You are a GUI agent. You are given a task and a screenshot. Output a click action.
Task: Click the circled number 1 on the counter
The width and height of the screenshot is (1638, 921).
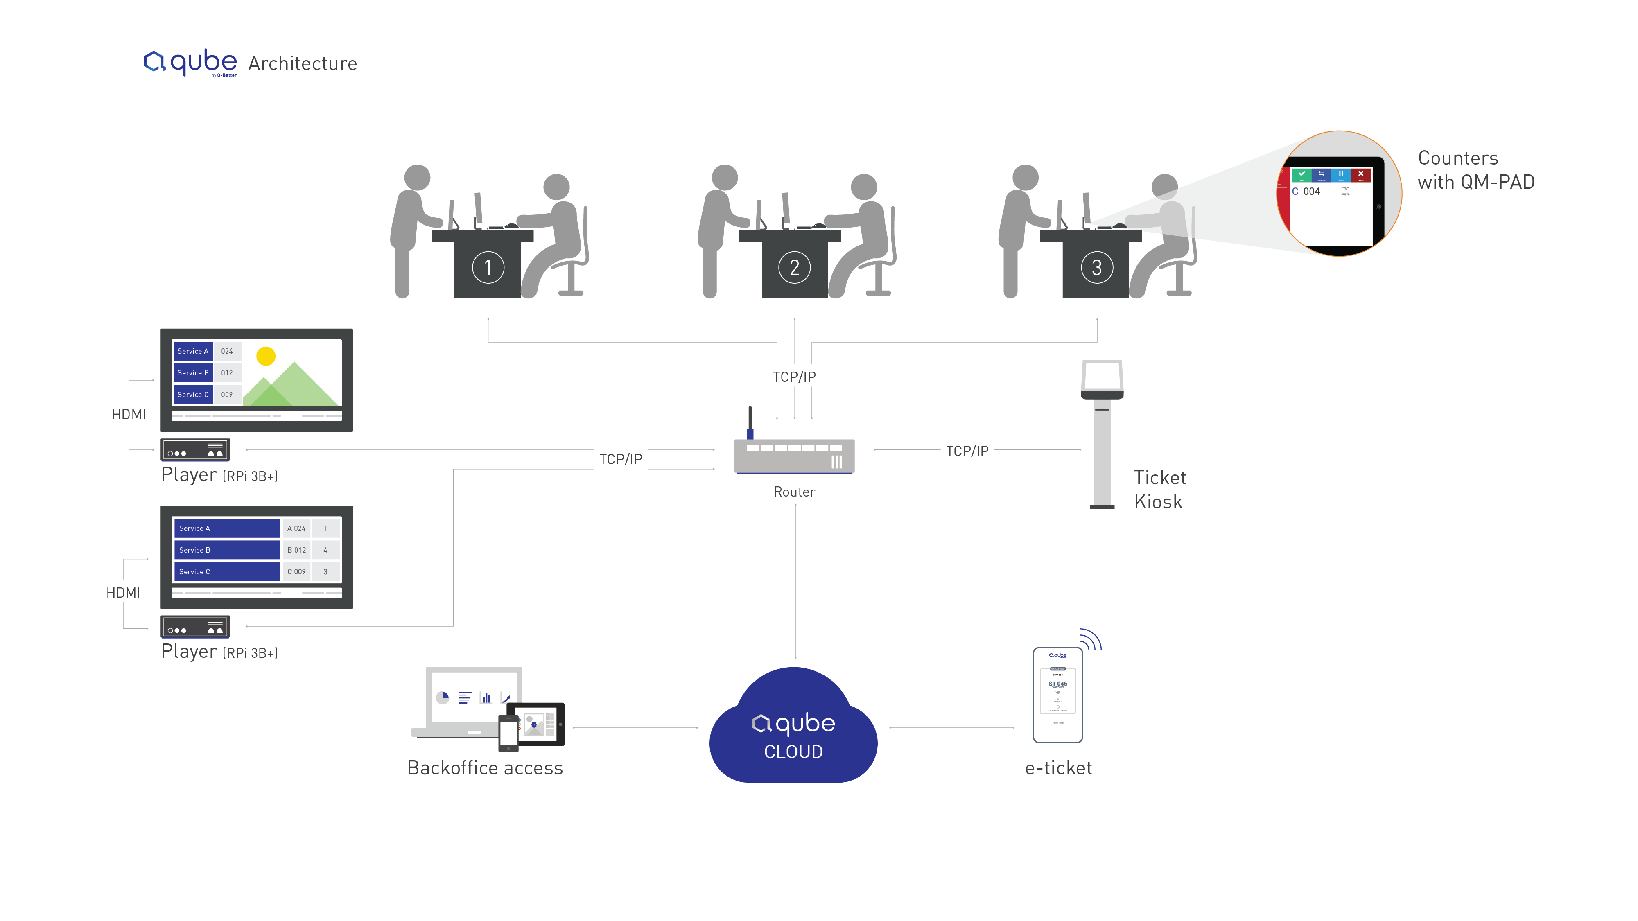point(488,268)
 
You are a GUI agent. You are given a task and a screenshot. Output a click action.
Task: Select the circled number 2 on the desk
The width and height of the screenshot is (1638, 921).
point(794,268)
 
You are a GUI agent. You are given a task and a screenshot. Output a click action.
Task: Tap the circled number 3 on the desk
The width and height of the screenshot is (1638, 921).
point(1096,268)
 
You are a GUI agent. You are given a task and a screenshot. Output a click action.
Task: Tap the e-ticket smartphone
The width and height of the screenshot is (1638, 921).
point(1057,695)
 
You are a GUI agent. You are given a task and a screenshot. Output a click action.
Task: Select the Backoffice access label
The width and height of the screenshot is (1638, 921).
point(485,768)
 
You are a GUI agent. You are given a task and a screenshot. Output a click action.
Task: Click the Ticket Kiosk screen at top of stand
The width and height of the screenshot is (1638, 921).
point(1102,376)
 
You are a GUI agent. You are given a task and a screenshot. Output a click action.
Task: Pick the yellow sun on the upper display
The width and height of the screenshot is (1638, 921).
point(266,356)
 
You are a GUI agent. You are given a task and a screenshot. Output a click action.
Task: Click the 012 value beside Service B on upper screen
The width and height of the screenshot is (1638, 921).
point(227,373)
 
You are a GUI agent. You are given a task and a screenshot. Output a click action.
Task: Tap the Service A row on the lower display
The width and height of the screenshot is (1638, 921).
point(226,528)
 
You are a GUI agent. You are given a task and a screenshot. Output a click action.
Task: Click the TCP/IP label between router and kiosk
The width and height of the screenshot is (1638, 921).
point(967,451)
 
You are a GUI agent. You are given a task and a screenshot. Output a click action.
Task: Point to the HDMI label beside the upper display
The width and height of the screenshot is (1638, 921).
point(129,414)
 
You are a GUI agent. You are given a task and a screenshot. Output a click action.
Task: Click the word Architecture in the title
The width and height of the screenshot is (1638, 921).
point(303,63)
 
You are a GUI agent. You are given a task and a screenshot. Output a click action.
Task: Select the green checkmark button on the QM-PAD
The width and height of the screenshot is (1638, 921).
point(1301,174)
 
